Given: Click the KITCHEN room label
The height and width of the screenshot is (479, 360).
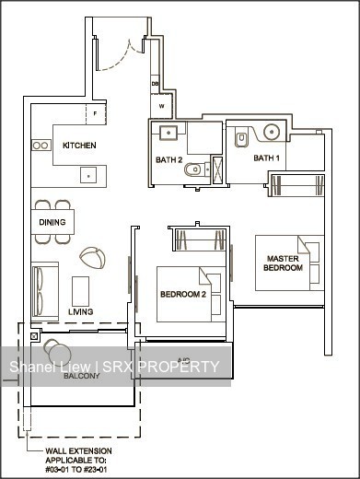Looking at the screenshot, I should point(79,146).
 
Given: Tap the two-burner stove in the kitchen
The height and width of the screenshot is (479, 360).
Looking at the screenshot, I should point(41,145).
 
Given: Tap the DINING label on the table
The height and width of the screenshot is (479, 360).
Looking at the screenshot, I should point(52,223).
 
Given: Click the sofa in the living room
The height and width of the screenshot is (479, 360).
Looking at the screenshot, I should point(44,290).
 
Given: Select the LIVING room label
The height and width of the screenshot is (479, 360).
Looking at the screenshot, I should point(81,312).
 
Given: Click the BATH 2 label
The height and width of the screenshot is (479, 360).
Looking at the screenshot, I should point(169,160).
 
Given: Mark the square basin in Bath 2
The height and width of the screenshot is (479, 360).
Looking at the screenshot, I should point(168,134).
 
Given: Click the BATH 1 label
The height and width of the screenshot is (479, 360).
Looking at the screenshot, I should point(266,158).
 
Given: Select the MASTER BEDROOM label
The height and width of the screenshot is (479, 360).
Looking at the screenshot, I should point(284,263).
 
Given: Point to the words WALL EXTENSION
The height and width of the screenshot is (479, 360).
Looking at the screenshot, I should point(75,452).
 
